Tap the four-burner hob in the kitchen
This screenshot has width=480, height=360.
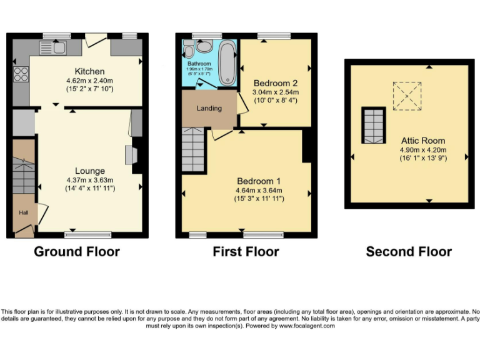coord(21,74)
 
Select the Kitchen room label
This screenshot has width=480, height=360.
coord(89,71)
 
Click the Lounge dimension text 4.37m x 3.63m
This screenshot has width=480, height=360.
coord(89,180)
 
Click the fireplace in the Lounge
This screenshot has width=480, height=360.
coord(132,154)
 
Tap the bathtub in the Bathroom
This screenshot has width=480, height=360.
coord(227,63)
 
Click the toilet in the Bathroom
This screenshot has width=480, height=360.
coord(203,46)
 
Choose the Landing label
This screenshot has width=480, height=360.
coord(209,108)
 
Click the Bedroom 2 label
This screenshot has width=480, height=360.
coord(275,83)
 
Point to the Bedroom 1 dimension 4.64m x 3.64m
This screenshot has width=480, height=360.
coord(258,191)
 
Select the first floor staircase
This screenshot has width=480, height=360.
coord(193,149)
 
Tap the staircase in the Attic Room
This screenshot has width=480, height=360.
coord(374,125)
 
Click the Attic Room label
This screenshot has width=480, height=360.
coord(422,141)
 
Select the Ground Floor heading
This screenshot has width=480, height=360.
coord(76,252)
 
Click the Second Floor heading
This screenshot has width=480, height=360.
coord(408,252)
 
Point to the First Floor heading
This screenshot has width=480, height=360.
coord(246,252)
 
